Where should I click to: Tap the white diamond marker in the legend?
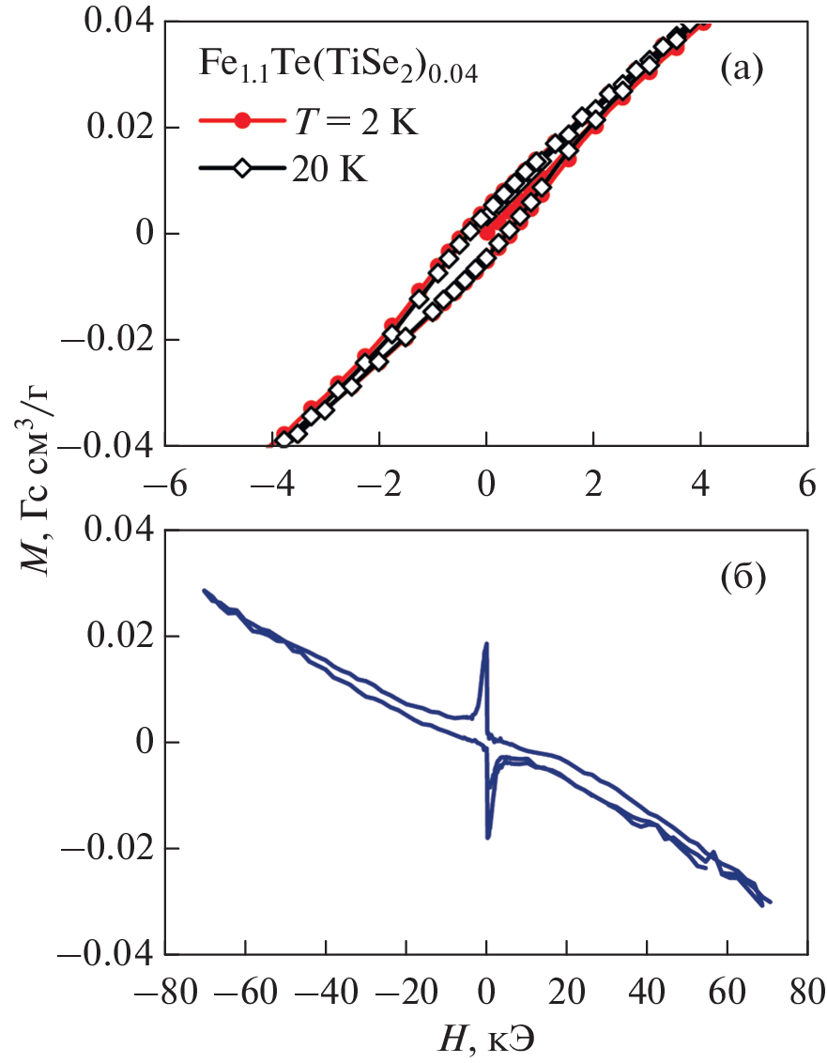[243, 169]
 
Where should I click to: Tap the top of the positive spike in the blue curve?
[486, 644]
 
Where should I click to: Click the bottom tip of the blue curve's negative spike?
[488, 837]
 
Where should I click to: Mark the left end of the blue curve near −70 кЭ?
[205, 591]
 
